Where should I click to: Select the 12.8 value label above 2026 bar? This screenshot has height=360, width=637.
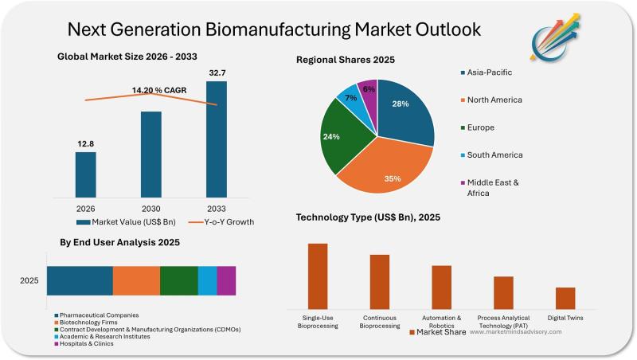[x=86, y=143]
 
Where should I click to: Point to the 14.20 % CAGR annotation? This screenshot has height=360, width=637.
[x=159, y=90]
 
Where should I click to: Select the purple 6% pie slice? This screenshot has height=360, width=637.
[x=369, y=91]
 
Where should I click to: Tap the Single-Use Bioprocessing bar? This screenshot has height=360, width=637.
[x=318, y=276]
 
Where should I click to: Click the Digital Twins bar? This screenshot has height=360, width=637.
[x=565, y=298]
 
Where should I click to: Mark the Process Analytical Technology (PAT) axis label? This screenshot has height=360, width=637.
[x=503, y=322]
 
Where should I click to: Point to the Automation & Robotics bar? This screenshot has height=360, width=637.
[x=441, y=287]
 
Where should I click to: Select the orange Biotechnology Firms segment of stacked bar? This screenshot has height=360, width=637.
[x=136, y=281]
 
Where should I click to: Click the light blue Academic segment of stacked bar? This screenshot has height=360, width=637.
[x=207, y=281]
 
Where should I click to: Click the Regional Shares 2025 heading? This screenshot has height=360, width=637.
[x=346, y=60]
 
